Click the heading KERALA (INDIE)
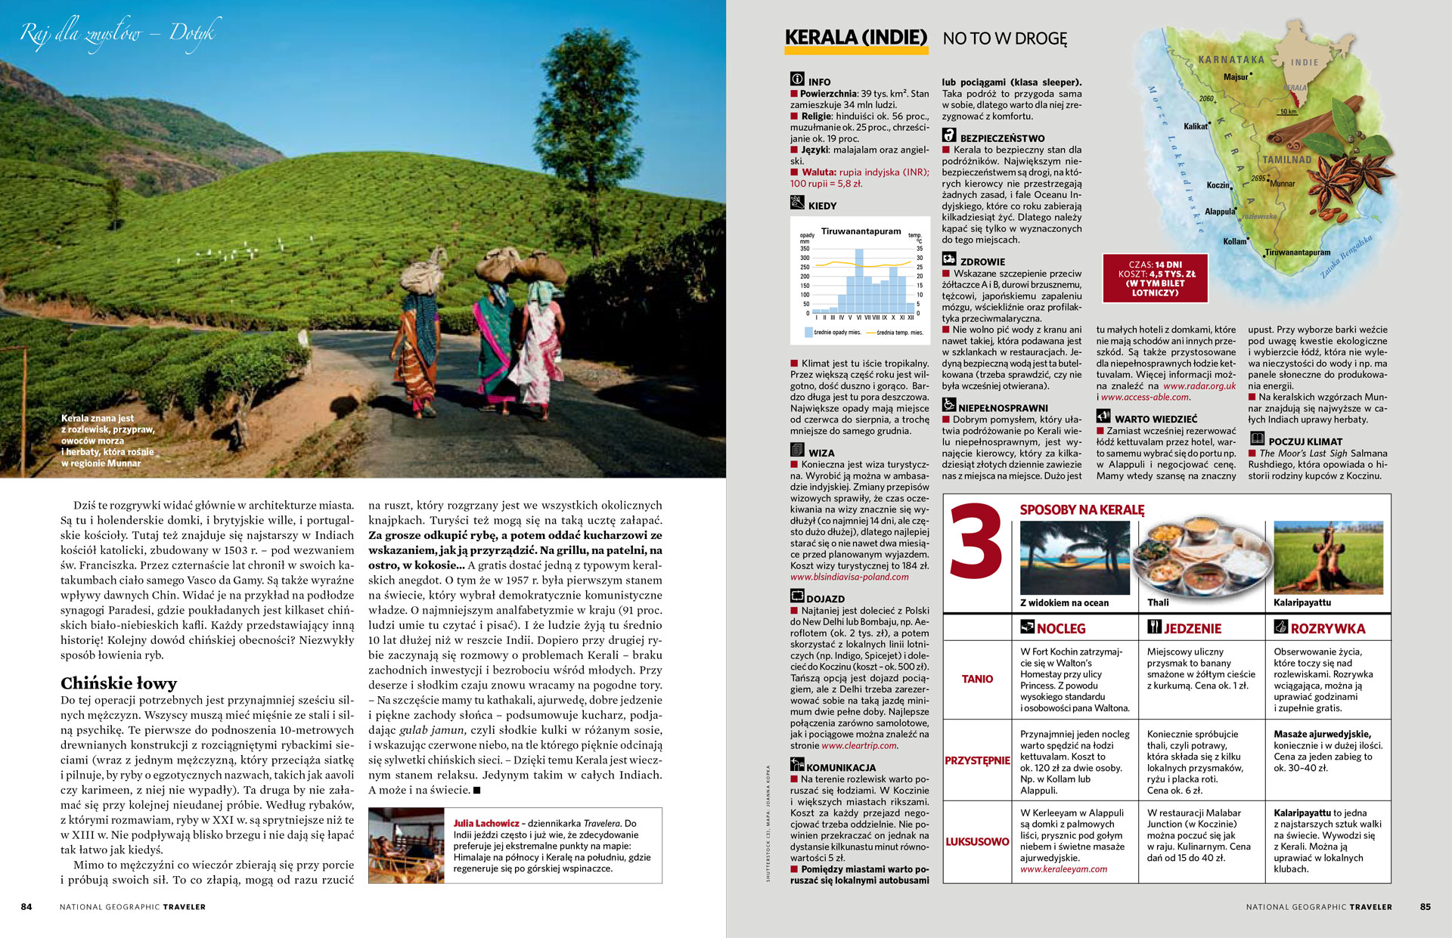855,38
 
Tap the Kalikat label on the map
1195,126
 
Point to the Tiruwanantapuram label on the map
1297,252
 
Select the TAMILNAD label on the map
1286,159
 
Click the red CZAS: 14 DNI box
1155,278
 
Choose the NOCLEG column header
1060,628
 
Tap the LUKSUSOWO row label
977,841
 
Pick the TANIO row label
977,679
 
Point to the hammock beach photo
1075,557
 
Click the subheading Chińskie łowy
119,683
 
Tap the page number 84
26,906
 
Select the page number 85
1425,906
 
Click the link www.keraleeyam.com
1063,869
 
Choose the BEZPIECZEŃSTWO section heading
1001,138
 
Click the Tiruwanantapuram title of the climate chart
861,231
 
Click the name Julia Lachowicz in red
486,823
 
